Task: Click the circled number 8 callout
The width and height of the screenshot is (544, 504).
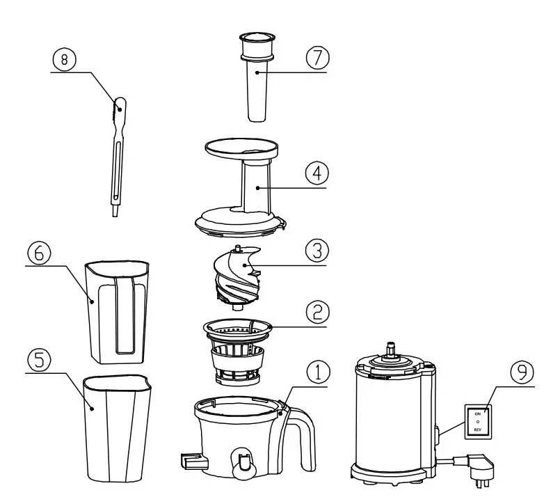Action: click(x=65, y=60)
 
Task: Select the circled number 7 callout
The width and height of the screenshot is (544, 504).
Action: click(x=317, y=58)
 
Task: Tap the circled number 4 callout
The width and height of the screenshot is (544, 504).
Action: click(x=317, y=173)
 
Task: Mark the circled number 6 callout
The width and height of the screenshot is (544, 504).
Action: click(x=39, y=253)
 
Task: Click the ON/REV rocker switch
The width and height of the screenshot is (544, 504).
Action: click(x=478, y=421)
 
